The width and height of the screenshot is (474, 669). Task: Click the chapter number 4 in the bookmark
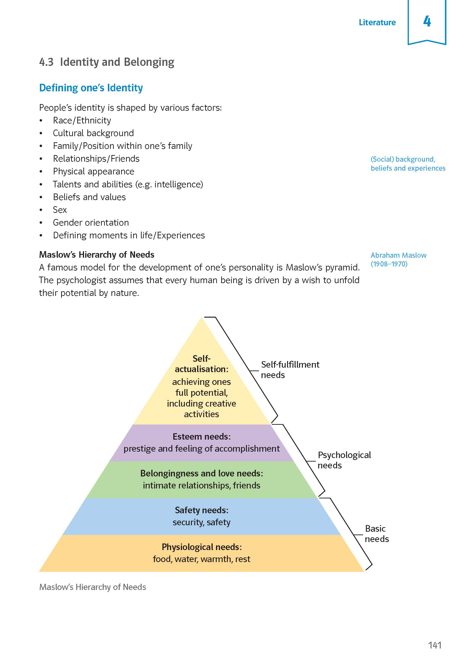427,21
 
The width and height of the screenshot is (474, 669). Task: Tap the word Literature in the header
377,22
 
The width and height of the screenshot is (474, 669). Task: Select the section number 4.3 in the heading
47,62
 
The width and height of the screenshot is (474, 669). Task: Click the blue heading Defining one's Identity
91,88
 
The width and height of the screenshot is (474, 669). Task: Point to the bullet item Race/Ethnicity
82,120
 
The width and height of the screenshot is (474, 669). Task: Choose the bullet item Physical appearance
94,171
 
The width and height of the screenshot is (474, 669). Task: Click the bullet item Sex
60,210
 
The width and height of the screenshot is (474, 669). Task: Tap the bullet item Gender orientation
91,223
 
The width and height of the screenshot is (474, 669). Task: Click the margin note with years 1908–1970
389,264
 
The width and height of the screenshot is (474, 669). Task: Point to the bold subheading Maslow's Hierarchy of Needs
97,255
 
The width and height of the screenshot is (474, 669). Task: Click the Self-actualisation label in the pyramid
201,364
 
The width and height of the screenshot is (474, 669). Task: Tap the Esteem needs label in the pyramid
202,437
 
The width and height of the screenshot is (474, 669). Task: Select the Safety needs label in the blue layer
202,510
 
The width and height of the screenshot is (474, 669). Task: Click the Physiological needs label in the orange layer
202,547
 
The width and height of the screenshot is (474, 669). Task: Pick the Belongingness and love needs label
202,473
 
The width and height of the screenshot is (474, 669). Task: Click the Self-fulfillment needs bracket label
290,370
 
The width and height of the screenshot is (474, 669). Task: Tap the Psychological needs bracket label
344,460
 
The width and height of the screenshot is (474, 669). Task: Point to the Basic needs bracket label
377,534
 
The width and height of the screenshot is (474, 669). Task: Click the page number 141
435,645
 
